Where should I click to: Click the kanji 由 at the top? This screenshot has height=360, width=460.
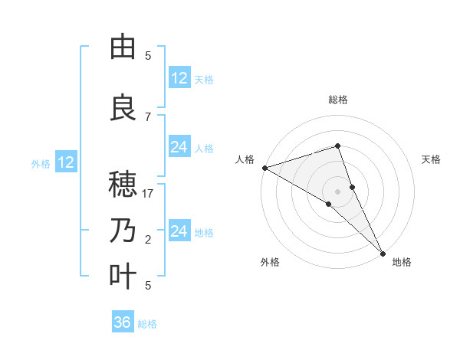[x=123, y=47]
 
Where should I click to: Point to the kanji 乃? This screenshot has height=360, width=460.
[x=123, y=231]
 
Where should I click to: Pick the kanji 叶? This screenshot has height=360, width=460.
[x=123, y=277]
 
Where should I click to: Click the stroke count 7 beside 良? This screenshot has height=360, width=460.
[x=148, y=117]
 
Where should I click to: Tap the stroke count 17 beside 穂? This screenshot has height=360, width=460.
[x=148, y=195]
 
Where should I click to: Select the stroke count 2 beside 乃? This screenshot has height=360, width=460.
[x=148, y=241]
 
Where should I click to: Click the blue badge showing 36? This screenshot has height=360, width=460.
[x=123, y=322]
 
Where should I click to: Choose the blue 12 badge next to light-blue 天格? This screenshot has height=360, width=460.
[x=179, y=78]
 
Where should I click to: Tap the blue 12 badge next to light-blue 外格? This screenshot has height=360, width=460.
[x=66, y=162]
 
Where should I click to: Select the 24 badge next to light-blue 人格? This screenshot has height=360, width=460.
[x=179, y=147]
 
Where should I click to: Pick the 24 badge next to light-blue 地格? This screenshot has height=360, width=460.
[x=179, y=231]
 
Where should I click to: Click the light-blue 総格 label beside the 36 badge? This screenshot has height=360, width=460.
[x=147, y=324]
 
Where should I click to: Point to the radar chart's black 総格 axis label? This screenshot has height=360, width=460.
[x=337, y=100]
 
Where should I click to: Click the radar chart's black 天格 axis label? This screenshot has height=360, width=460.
[x=431, y=159]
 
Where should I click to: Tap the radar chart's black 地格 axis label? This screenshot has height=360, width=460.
[x=402, y=262]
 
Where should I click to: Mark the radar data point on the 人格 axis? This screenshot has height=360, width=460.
[x=264, y=168]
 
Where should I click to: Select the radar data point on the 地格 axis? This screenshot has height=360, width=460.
[x=383, y=252]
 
